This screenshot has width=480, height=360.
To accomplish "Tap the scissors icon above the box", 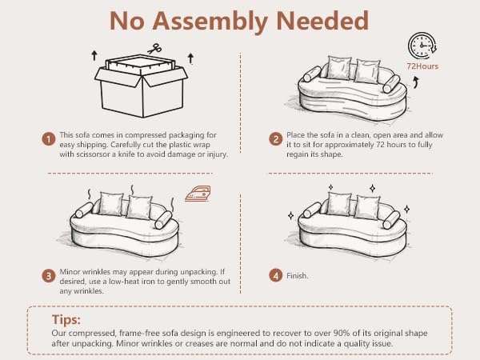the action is tap(155, 49).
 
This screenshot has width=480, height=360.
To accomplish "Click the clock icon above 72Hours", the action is tap(422, 46).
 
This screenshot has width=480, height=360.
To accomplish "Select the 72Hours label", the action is tap(422, 66).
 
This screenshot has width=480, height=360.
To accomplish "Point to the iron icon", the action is tap(198, 193).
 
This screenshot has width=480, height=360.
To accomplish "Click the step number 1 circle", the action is tap(48, 139).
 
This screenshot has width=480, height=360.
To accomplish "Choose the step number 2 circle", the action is tap(275, 139).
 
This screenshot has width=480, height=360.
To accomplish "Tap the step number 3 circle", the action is tap(48, 276).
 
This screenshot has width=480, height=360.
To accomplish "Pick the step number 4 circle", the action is tap(275, 276).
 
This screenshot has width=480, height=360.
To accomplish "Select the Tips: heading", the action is tap(66, 319).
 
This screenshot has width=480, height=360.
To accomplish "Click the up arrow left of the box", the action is tap(94, 55).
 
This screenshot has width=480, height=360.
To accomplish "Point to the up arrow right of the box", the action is tap(190, 58).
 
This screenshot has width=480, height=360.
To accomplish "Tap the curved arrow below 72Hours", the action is tap(415, 82).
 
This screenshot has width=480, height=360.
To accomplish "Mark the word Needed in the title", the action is tap(322, 21).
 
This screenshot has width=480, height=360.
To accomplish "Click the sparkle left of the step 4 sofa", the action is tap(291, 215).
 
